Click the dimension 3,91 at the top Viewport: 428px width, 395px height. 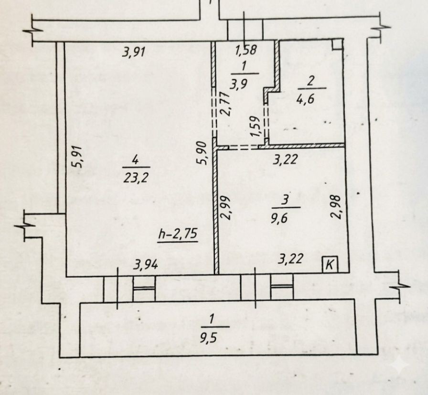point(133,52)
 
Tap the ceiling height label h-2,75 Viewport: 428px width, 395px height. point(178,235)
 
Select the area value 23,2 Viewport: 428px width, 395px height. point(136,178)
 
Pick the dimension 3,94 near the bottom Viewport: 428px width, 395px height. point(146,265)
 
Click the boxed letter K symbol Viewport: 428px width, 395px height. point(330,265)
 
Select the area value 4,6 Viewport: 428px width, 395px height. point(305,98)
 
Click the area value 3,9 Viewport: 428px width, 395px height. point(238,84)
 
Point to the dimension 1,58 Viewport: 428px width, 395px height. point(246,50)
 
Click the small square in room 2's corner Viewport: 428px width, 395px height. point(337,44)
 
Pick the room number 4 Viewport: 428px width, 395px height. point(135,160)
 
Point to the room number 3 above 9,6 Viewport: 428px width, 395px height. point(285,201)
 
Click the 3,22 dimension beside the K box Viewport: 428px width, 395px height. point(291,258)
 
